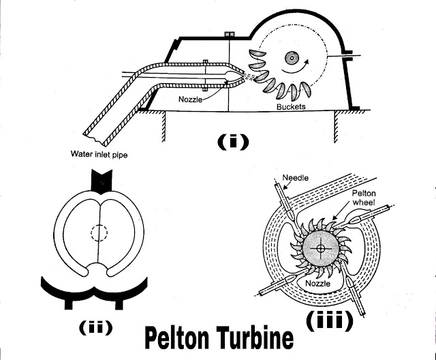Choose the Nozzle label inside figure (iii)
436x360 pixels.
click(317, 281)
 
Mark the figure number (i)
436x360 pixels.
click(232, 142)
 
